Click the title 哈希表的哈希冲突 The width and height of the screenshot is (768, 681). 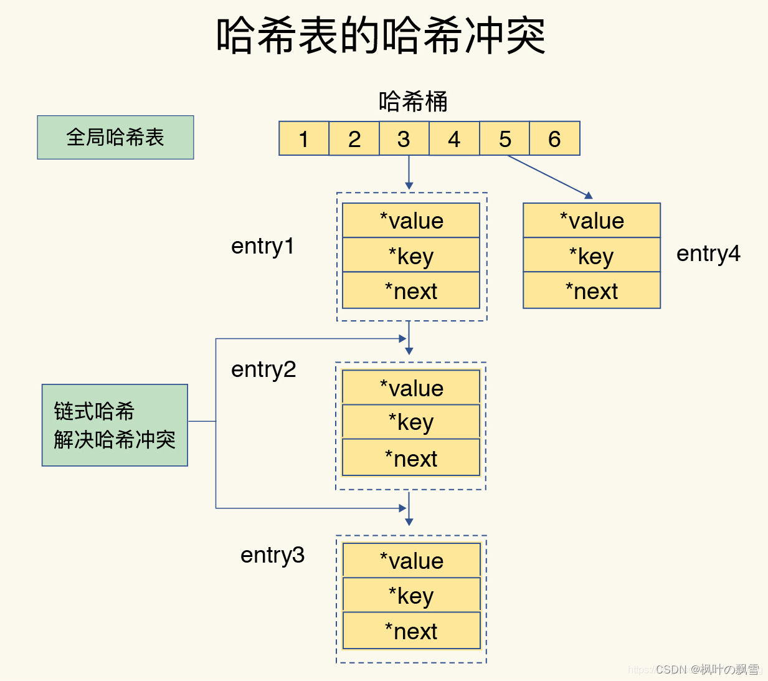[381, 36]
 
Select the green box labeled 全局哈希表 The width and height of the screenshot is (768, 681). [115, 137]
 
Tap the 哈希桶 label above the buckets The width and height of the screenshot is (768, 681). [413, 102]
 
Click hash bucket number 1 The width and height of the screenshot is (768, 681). [304, 138]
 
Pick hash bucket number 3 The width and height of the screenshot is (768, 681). [404, 138]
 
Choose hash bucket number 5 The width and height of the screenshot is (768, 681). [505, 138]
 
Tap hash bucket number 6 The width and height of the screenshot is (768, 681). [554, 138]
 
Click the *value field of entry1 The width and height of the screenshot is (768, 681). [411, 221]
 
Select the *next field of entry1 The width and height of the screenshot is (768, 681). [411, 291]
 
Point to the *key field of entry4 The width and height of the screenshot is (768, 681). [592, 255]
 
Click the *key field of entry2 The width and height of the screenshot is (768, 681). [411, 422]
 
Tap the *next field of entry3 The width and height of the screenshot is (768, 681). [411, 631]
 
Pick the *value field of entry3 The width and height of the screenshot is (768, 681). [411, 561]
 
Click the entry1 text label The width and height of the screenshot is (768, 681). [262, 246]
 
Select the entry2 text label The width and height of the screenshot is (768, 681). [263, 369]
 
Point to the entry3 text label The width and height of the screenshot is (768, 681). [272, 555]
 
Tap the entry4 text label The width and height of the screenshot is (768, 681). [708, 254]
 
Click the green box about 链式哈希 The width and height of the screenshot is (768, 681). [115, 425]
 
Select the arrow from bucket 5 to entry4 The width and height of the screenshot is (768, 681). [549, 176]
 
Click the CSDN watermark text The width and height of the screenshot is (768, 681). [708, 669]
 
